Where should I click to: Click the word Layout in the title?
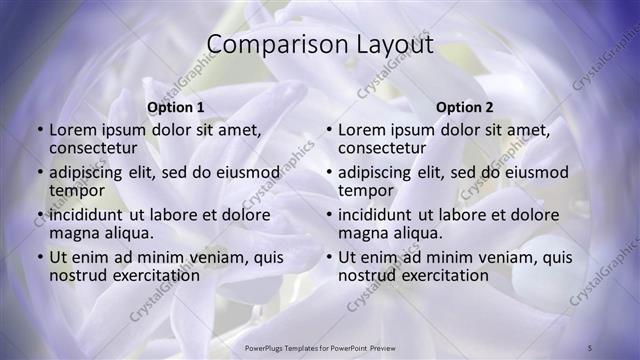[x=391, y=45]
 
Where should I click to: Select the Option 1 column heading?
[x=175, y=107]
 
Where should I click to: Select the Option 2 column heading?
[x=464, y=107]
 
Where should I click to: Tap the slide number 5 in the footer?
[x=590, y=347]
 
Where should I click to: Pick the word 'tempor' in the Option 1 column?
[x=76, y=190]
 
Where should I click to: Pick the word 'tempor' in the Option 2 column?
[x=365, y=190]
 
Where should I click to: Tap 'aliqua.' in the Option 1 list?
[x=127, y=233]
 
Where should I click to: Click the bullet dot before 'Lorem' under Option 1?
[x=40, y=130]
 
